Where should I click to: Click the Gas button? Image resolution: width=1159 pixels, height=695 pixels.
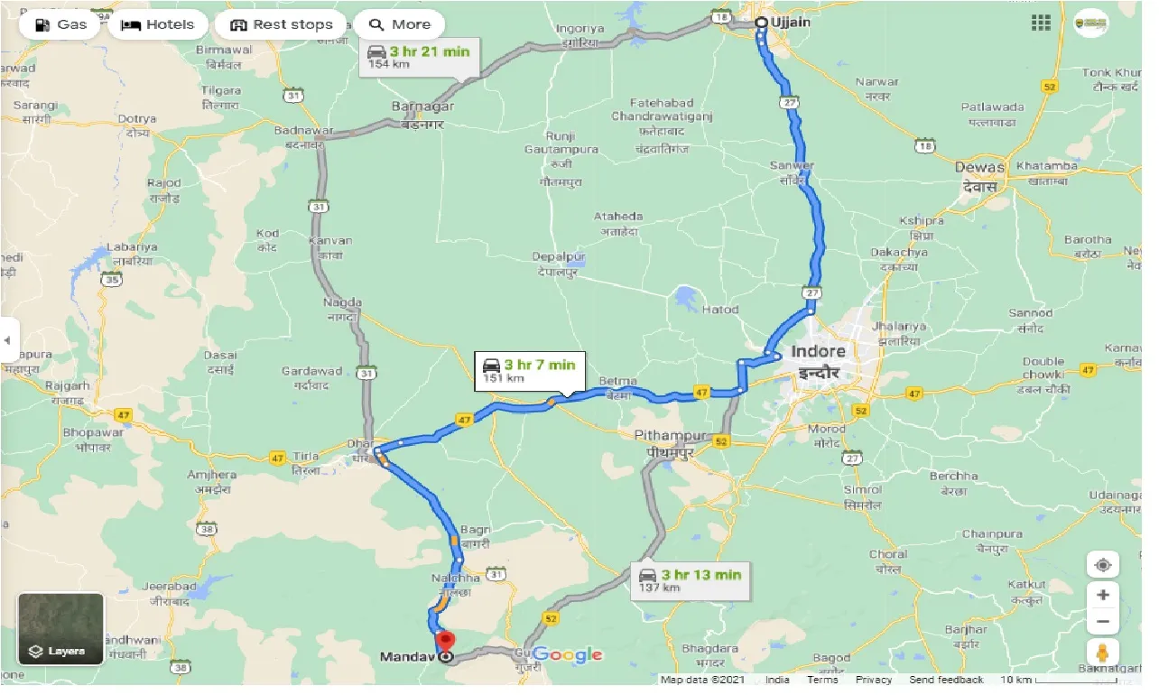coord(61,24)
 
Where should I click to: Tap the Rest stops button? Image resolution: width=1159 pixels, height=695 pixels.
coord(282,24)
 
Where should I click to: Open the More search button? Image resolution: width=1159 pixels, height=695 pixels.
coord(400,24)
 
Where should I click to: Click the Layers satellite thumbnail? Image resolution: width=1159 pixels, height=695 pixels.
coord(61,629)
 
